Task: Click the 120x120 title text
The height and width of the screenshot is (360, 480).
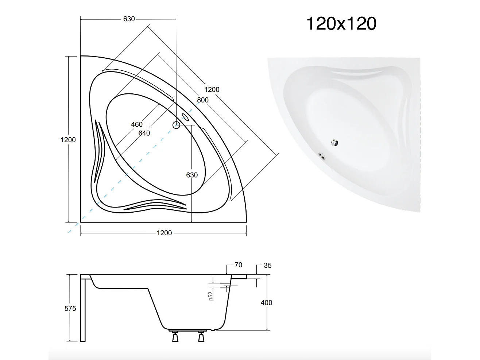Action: pyautogui.click(x=341, y=24)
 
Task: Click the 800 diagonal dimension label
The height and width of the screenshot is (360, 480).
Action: pyautogui.click(x=203, y=100)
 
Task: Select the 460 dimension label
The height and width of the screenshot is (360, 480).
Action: pyautogui.click(x=137, y=124)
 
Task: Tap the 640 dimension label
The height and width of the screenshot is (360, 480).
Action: pyautogui.click(x=144, y=133)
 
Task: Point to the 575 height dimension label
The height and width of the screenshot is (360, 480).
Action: pyautogui.click(x=70, y=309)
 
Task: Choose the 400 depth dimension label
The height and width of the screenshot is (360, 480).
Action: pyautogui.click(x=267, y=302)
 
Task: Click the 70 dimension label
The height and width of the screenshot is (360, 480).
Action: pyautogui.click(x=238, y=265)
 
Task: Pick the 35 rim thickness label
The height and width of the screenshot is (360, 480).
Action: pyautogui.click(x=268, y=266)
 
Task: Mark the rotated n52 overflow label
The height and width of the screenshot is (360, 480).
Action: pyautogui.click(x=210, y=296)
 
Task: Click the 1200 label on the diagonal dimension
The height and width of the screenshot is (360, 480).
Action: pyautogui.click(x=212, y=89)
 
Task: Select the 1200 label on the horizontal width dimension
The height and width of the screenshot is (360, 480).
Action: pyautogui.click(x=164, y=233)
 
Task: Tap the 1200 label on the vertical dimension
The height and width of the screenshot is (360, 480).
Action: pyautogui.click(x=68, y=140)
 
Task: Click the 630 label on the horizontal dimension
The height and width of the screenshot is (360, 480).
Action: pyautogui.click(x=129, y=19)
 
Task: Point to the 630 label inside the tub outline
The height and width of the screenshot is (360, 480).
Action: pyautogui.click(x=192, y=175)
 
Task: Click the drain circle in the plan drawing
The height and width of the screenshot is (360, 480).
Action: pyautogui.click(x=177, y=125)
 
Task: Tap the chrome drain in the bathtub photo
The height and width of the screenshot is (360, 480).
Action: pyautogui.click(x=334, y=143)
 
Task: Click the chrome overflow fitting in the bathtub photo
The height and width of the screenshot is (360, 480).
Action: pyautogui.click(x=322, y=156)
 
